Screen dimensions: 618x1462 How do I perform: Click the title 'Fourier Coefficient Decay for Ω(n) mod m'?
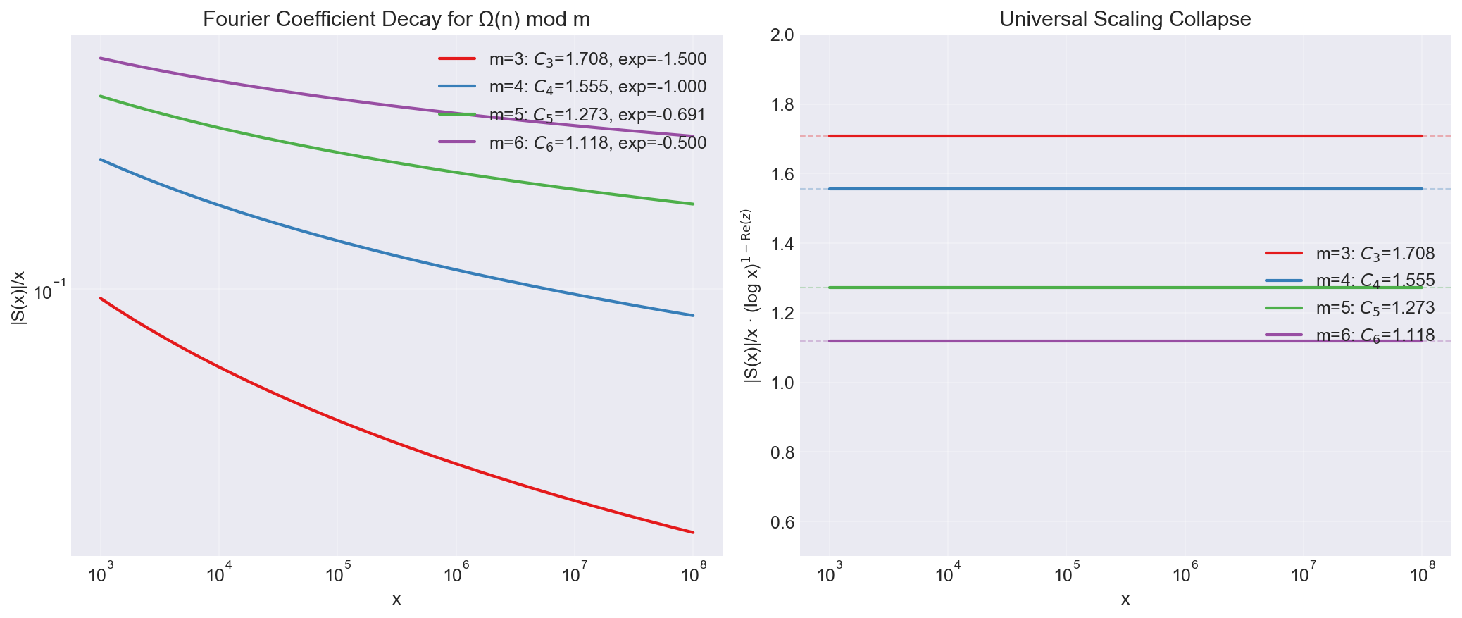pos(396,20)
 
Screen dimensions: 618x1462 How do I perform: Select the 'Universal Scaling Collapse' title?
pos(1125,19)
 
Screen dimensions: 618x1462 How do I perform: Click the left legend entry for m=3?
pos(597,59)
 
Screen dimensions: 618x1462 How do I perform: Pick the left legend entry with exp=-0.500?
pos(597,143)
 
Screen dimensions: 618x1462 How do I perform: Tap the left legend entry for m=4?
pos(597,87)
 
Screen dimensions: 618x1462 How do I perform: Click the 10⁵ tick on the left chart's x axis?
pos(337,576)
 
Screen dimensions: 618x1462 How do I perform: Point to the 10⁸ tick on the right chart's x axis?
pos(1422,576)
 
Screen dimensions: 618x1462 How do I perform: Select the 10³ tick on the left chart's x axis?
pos(101,576)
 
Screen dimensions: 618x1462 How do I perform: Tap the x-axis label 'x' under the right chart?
pos(1125,600)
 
